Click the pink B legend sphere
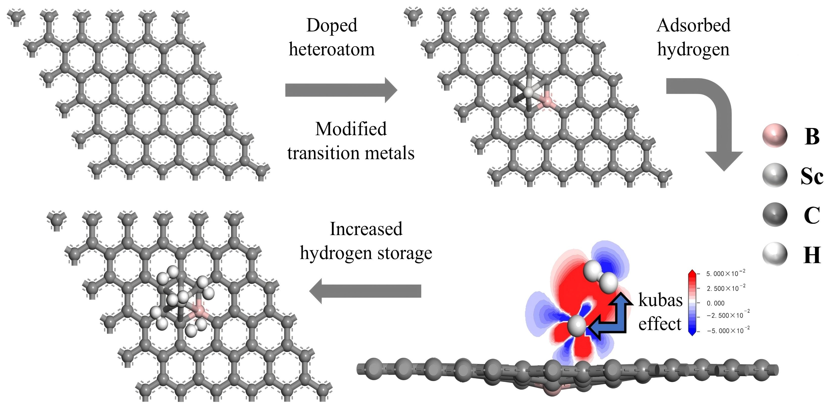(x=775, y=135)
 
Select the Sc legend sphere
(x=775, y=175)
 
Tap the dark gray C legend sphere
(x=775, y=215)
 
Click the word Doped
(x=332, y=26)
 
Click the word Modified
(x=351, y=129)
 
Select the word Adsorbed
(x=693, y=26)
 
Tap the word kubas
(x=660, y=300)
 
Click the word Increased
(x=366, y=229)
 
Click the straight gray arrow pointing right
(x=341, y=90)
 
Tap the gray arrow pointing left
(x=365, y=291)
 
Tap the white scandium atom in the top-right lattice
(x=529, y=92)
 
